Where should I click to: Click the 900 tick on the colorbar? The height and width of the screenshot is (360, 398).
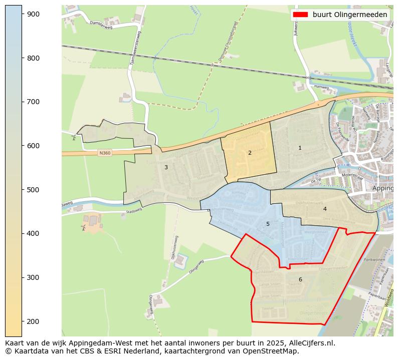pos(22,14)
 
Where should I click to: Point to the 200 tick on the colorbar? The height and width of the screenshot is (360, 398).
pos(22,321)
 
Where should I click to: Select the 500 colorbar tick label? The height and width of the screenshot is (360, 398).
pos(33,190)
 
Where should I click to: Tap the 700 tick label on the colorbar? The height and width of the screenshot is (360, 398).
pos(33,102)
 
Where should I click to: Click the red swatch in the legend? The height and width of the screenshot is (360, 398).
pos(300,15)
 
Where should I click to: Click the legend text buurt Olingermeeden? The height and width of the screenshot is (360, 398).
pos(350,15)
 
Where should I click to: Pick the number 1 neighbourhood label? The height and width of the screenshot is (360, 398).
pos(300,148)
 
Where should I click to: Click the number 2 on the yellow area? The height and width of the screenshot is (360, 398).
pos(250,153)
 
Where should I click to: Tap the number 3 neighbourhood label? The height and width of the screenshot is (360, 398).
pos(166,167)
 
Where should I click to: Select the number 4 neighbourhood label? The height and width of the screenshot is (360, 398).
pos(325,209)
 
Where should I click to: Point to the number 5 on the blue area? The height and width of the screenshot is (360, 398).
pos(268,224)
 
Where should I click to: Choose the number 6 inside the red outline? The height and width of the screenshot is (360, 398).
pos(300,279)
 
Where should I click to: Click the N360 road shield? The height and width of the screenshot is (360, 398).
pos(105,153)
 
